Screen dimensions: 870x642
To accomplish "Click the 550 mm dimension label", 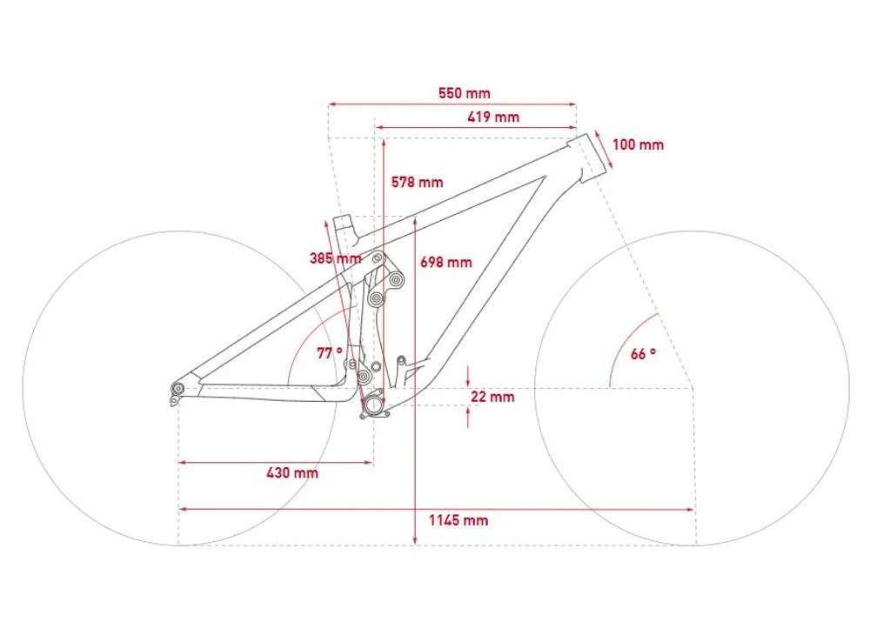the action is [465, 93].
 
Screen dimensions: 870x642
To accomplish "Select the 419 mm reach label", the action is [493, 117].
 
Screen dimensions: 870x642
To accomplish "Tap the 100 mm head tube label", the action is [638, 144].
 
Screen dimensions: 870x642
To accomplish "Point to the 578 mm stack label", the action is [418, 182].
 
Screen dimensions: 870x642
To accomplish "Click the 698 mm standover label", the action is [446, 262].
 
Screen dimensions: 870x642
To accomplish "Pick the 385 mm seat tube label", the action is [335, 258].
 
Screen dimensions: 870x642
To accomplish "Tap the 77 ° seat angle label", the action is [330, 353].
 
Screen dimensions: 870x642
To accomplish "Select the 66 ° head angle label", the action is [643, 353].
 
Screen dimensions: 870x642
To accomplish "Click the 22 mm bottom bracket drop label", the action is [492, 397].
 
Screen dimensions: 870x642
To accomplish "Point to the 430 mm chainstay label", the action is [292, 472].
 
